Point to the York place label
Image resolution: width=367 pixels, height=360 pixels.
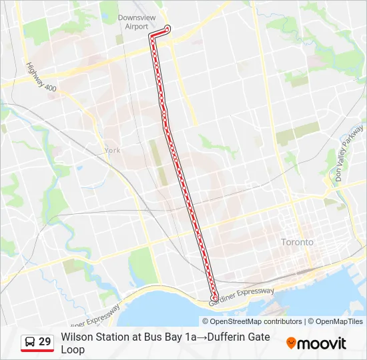112,151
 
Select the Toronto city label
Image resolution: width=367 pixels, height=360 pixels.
297,242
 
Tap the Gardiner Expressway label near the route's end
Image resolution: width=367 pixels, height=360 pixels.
242,297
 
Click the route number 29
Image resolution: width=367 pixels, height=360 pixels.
45,342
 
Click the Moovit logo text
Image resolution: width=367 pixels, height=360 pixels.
322,343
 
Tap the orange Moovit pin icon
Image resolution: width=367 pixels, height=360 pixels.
291,343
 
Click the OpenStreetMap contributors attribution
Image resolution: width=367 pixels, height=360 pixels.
247,321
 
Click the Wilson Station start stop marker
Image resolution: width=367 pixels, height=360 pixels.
167,28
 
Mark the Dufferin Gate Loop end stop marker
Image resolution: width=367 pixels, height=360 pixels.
214,298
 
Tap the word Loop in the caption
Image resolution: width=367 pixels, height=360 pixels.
73,349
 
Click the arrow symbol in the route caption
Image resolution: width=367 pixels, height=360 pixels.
201,337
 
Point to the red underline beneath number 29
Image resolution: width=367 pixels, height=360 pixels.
37,350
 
